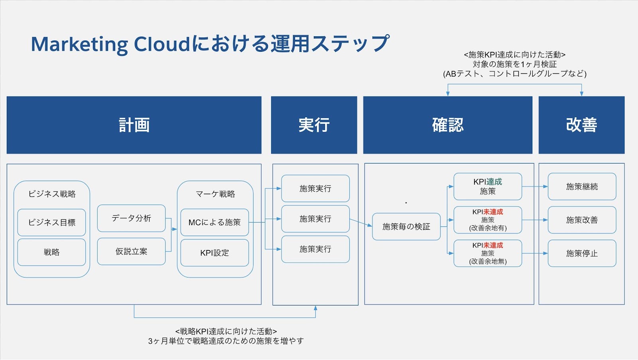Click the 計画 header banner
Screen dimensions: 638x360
(x=134, y=125)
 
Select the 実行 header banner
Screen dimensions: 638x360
(x=314, y=125)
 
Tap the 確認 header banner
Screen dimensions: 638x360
(x=448, y=125)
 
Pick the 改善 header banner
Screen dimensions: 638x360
(x=582, y=125)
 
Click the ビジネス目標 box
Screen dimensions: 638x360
(x=51, y=222)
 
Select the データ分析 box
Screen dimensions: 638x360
(x=131, y=218)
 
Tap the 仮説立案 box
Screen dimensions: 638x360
(x=131, y=252)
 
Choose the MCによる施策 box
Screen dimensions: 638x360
(x=215, y=222)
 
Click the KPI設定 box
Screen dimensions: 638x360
(x=215, y=253)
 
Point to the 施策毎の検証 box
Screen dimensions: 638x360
(x=406, y=226)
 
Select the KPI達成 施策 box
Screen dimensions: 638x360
(x=488, y=187)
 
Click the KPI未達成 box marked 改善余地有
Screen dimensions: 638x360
(x=488, y=220)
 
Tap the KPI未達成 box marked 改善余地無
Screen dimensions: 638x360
(x=488, y=253)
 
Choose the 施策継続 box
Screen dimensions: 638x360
(x=582, y=187)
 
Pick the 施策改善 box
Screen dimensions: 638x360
(x=582, y=220)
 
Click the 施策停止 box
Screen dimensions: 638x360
(x=582, y=253)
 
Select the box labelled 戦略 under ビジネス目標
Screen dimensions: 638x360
(x=51, y=252)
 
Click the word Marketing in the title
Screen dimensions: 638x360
(x=79, y=45)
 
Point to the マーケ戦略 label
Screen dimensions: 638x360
(x=215, y=194)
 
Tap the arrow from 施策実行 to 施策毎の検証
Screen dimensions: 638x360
(x=361, y=223)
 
